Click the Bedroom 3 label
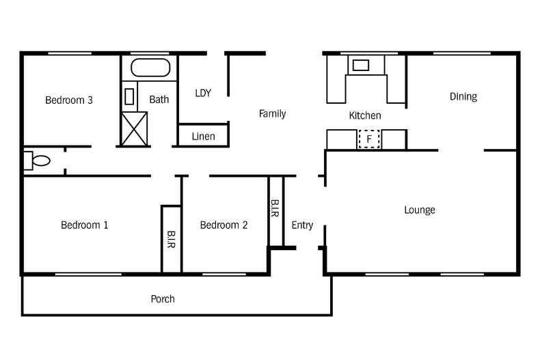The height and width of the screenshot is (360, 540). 69,100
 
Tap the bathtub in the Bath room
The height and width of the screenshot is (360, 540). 150,68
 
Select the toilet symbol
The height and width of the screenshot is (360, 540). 37,161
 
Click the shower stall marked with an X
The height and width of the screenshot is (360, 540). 134,128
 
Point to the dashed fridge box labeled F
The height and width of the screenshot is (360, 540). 369,139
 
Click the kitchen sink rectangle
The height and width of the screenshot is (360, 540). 361,65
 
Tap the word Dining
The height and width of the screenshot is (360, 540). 463,97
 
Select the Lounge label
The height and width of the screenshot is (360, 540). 420,210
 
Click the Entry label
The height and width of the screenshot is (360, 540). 302,225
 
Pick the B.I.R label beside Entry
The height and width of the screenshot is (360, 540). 275,208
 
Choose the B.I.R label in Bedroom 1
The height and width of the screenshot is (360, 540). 171,239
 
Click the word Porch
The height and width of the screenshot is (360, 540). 163,299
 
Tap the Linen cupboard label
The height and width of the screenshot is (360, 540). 203,137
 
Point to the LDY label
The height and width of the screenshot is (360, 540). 203,93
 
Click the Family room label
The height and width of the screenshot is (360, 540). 272,113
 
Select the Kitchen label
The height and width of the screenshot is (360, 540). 365,115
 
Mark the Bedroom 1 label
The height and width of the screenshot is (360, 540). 84,225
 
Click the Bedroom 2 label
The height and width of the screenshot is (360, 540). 224,225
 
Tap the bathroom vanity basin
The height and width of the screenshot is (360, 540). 129,96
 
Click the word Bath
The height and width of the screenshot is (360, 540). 159,100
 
